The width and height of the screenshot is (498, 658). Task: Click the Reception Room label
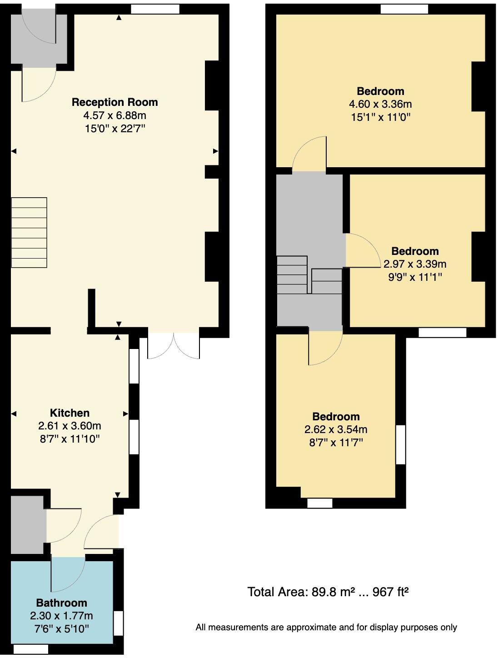[x=115, y=102]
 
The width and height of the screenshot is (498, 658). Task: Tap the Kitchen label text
[x=70, y=413]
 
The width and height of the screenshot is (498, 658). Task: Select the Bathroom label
[x=61, y=603]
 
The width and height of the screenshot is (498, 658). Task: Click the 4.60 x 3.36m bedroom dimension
[x=380, y=104]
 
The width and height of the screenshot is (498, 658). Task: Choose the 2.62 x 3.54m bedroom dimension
[x=336, y=429]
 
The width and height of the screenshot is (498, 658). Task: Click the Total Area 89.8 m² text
[x=328, y=592]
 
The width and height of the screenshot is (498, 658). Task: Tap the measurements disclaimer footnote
[x=326, y=627]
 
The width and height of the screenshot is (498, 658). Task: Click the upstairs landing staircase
[x=309, y=274]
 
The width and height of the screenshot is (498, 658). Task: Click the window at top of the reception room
[x=155, y=9]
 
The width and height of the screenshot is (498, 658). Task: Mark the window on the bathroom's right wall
[x=118, y=623]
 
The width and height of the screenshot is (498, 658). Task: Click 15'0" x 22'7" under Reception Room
[x=115, y=129]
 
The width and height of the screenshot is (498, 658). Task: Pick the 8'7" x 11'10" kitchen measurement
[x=70, y=439]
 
